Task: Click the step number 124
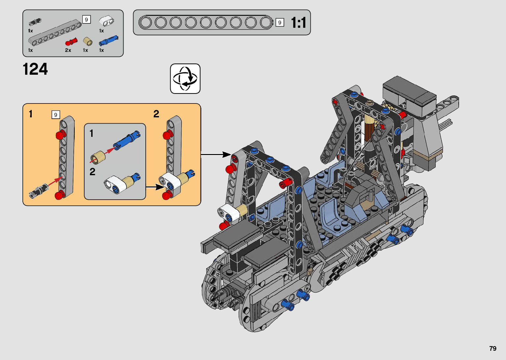pos(35,69)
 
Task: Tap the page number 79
pos(493,348)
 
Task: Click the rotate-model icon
pos(185,79)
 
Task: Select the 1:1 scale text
pos(298,22)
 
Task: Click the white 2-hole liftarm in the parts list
pos(106,21)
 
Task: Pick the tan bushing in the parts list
pos(88,41)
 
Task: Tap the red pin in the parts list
pos(71,42)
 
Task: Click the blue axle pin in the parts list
pos(109,41)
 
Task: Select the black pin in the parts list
pos(35,22)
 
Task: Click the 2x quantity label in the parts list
pos(68,50)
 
